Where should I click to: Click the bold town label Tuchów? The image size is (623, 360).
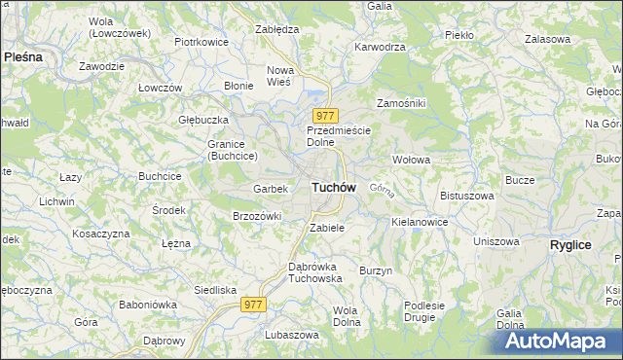[x=333, y=186]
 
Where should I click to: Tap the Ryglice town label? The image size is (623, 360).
[x=570, y=245]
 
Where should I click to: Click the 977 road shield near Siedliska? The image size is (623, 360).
[x=254, y=305]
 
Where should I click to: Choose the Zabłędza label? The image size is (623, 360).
[x=276, y=29]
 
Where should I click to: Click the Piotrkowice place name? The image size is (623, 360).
[x=201, y=42]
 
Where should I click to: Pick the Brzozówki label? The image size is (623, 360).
[x=257, y=216]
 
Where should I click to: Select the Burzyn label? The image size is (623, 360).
[x=375, y=270]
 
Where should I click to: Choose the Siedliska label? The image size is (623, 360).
[x=215, y=290]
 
